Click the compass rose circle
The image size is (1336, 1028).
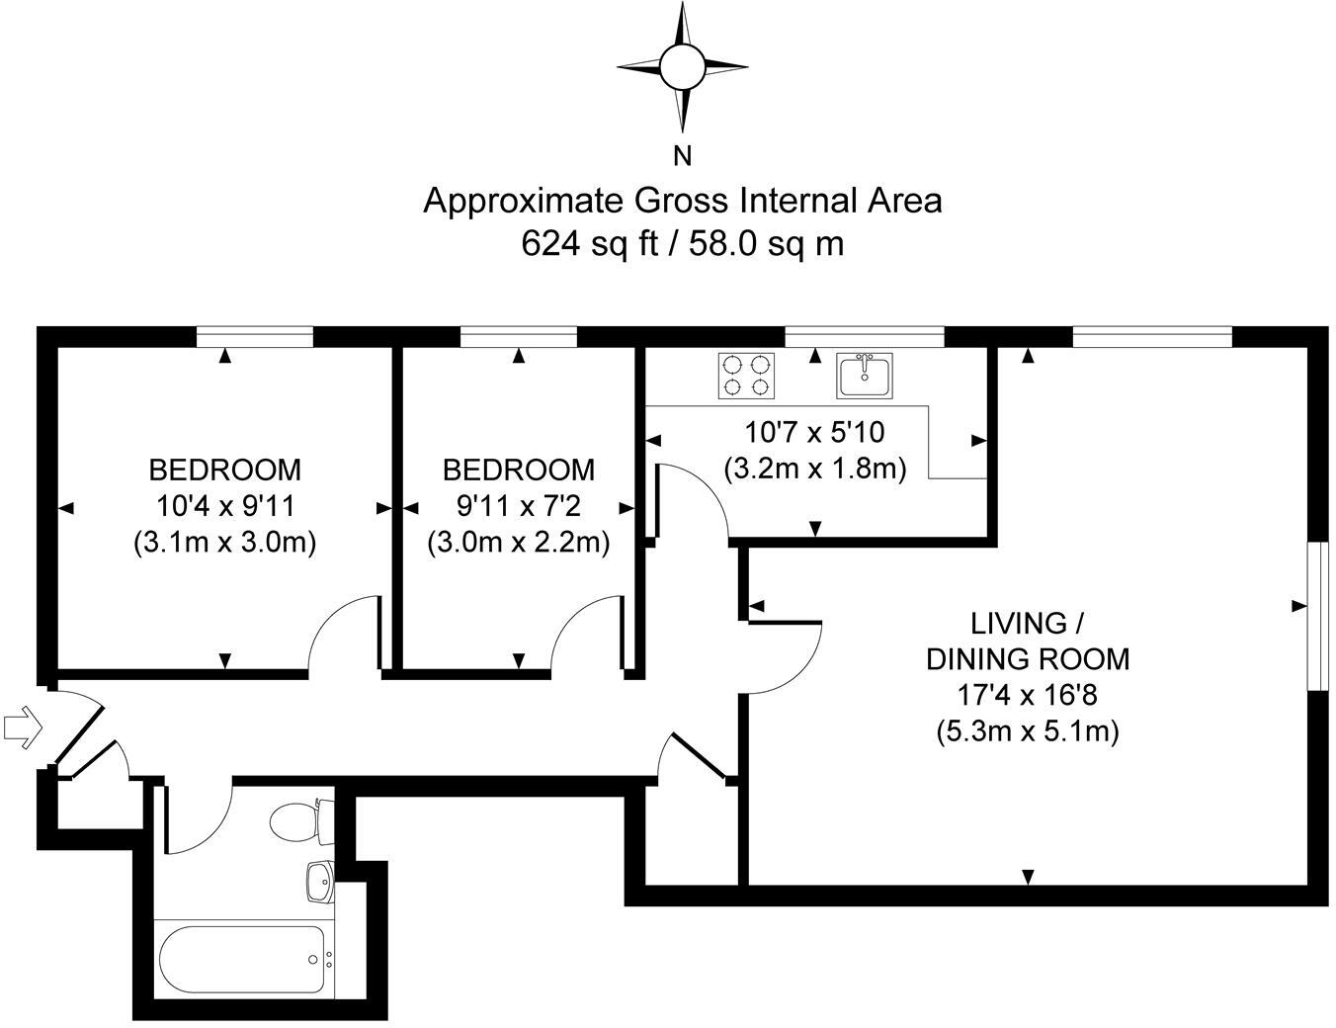682,66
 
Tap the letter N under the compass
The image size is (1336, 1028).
682,155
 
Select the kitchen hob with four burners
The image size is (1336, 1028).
744,375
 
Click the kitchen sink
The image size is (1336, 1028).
864,375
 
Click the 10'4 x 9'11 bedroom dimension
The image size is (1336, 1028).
225,506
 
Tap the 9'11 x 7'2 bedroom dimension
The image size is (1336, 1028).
518,506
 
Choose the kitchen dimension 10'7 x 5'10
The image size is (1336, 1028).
814,432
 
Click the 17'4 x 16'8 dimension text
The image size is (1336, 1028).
1027,695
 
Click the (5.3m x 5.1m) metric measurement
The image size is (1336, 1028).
1027,732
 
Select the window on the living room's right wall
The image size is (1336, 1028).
1315,615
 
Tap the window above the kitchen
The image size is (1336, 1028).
864,338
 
